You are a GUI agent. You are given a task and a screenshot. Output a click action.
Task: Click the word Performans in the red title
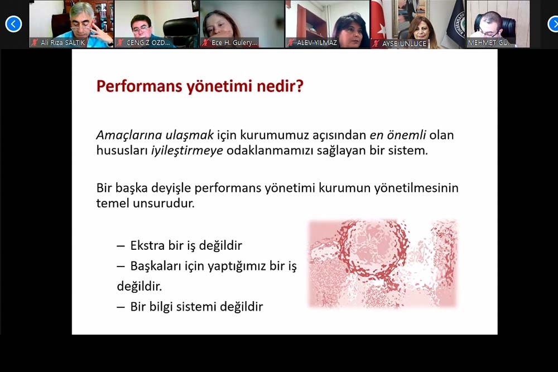[139, 86]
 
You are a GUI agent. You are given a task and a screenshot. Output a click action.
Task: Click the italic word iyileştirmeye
[187, 151]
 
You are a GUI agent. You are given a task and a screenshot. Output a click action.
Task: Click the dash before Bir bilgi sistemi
[121, 307]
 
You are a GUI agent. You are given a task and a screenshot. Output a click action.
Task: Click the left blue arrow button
[13, 24]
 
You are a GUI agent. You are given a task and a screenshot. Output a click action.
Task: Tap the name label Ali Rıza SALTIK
[62, 43]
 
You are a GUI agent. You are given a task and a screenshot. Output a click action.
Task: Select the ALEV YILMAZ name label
[317, 43]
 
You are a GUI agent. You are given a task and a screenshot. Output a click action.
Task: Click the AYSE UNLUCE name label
[404, 44]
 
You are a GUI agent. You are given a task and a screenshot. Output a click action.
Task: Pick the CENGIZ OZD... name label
[148, 43]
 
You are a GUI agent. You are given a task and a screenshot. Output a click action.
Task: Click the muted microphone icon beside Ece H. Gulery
[205, 43]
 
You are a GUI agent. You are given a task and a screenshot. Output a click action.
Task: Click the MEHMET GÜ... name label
[490, 43]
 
